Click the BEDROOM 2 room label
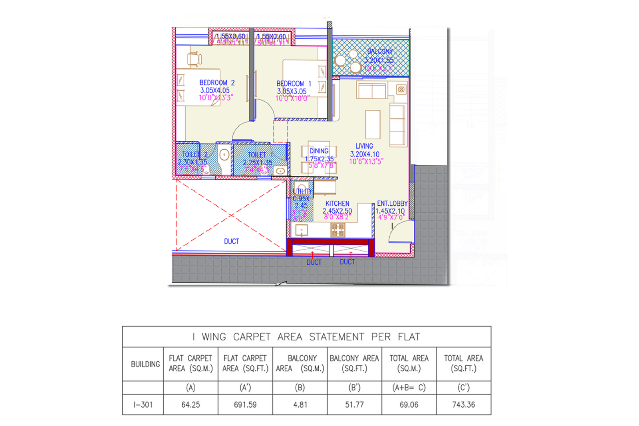click(217, 83)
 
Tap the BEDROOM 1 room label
click(294, 83)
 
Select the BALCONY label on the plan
click(380, 52)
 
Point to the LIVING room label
click(364, 146)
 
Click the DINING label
click(319, 151)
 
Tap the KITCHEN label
click(337, 204)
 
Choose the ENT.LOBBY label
click(392, 203)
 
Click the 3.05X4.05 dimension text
click(215, 90)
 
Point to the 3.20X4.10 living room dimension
click(365, 154)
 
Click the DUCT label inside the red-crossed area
click(231, 242)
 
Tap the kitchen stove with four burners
click(337, 230)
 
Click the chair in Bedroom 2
click(194, 59)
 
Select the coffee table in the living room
click(373, 124)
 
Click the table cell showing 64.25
click(191, 404)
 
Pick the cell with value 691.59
click(245, 404)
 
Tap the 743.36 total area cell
click(463, 404)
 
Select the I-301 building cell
click(143, 404)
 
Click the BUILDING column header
click(145, 364)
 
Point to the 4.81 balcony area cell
click(300, 404)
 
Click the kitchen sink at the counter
click(301, 230)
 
